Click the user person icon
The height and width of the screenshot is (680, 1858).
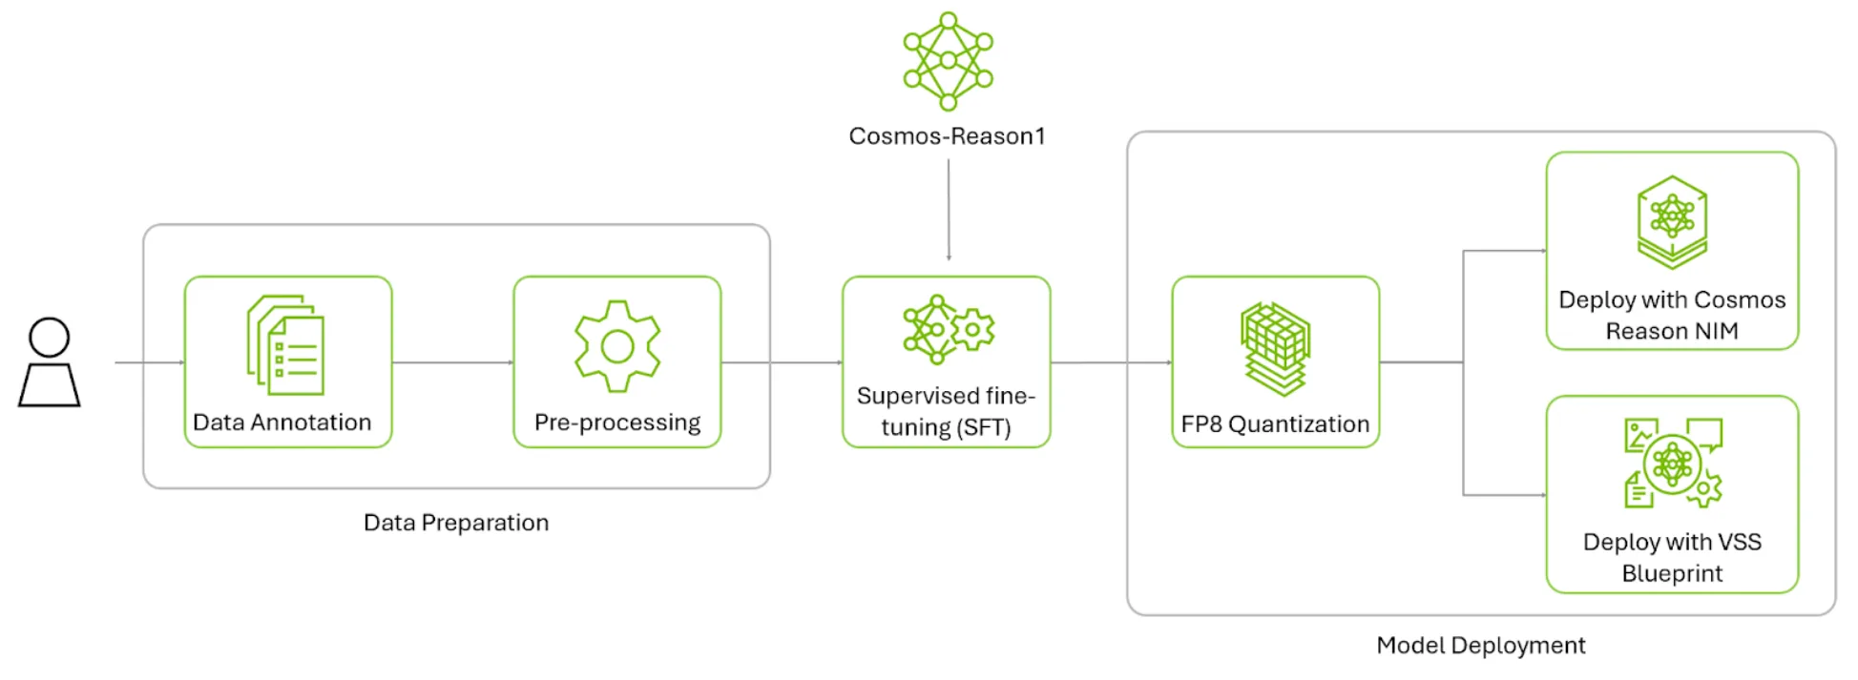coord(50,362)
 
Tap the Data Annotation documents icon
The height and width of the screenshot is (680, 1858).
coord(286,344)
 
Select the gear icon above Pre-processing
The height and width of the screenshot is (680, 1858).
coord(617,345)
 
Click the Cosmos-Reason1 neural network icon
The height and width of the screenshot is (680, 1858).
coord(948,60)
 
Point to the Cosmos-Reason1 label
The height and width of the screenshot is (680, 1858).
coord(947,136)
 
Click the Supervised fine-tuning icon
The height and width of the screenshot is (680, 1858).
coord(948,330)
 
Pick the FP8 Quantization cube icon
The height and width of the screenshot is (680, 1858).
coord(1276,348)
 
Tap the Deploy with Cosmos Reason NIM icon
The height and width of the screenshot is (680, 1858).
coord(1672,222)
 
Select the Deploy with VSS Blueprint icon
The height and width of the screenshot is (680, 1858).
coord(1673,464)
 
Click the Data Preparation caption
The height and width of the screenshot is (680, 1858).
coord(456,523)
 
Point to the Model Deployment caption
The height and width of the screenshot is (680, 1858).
coord(1480,646)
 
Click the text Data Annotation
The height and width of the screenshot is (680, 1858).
coord(282,422)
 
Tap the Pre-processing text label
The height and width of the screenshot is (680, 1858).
coord(617,422)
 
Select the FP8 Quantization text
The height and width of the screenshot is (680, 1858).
coord(1275,424)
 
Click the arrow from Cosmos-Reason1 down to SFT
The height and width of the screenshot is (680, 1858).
coord(949,210)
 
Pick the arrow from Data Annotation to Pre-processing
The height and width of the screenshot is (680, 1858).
coord(452,362)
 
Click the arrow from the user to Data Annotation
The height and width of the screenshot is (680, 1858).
coord(149,362)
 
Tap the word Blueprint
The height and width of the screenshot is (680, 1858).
coord(1672,574)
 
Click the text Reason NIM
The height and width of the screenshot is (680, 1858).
coord(1672,331)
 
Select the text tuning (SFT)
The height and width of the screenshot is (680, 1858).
coord(946,427)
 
